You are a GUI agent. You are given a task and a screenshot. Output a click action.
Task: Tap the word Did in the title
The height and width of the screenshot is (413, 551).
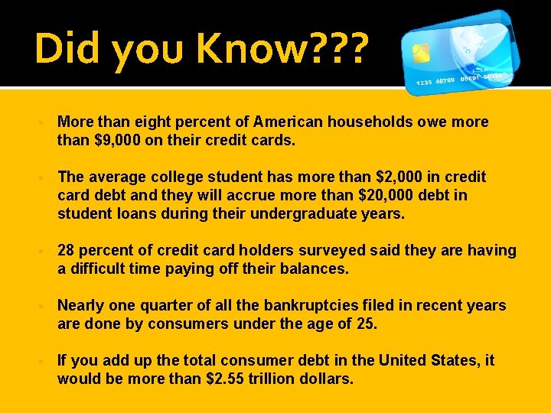click(x=70, y=49)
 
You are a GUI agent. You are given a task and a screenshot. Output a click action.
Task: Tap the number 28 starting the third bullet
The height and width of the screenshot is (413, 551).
click(x=66, y=251)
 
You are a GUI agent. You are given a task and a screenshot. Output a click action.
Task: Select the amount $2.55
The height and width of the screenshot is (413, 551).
click(x=230, y=379)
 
